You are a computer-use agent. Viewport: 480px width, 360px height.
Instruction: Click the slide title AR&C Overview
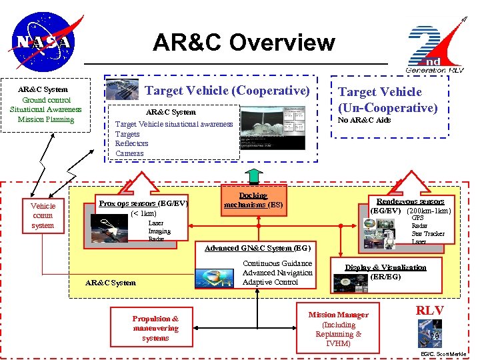point(243,43)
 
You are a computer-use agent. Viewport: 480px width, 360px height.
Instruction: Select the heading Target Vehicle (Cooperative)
point(227,90)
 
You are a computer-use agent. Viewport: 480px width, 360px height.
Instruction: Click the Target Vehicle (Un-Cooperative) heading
point(387,99)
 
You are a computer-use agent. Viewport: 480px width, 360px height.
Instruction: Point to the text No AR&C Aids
point(364,120)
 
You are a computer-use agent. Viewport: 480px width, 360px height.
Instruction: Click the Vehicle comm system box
point(43,215)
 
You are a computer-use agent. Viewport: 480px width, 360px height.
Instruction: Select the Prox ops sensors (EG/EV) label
point(143,203)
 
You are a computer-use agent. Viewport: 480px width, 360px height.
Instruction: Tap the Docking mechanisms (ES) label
point(253,200)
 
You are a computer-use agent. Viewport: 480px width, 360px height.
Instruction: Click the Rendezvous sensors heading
point(410,201)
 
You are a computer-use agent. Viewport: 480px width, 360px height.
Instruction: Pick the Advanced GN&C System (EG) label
point(257,248)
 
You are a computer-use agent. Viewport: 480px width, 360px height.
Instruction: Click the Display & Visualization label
point(385,267)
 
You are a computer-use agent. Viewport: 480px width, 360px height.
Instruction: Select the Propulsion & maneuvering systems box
point(155,328)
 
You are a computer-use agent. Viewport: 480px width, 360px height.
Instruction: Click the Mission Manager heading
point(338,315)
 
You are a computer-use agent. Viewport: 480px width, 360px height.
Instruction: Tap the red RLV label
point(430,310)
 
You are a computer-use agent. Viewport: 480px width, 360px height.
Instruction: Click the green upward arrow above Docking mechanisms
point(253,175)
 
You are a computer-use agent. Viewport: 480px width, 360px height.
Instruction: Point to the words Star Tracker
point(427,233)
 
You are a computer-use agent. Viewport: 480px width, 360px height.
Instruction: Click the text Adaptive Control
point(271,282)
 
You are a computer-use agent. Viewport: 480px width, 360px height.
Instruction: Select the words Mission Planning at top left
point(45,119)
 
